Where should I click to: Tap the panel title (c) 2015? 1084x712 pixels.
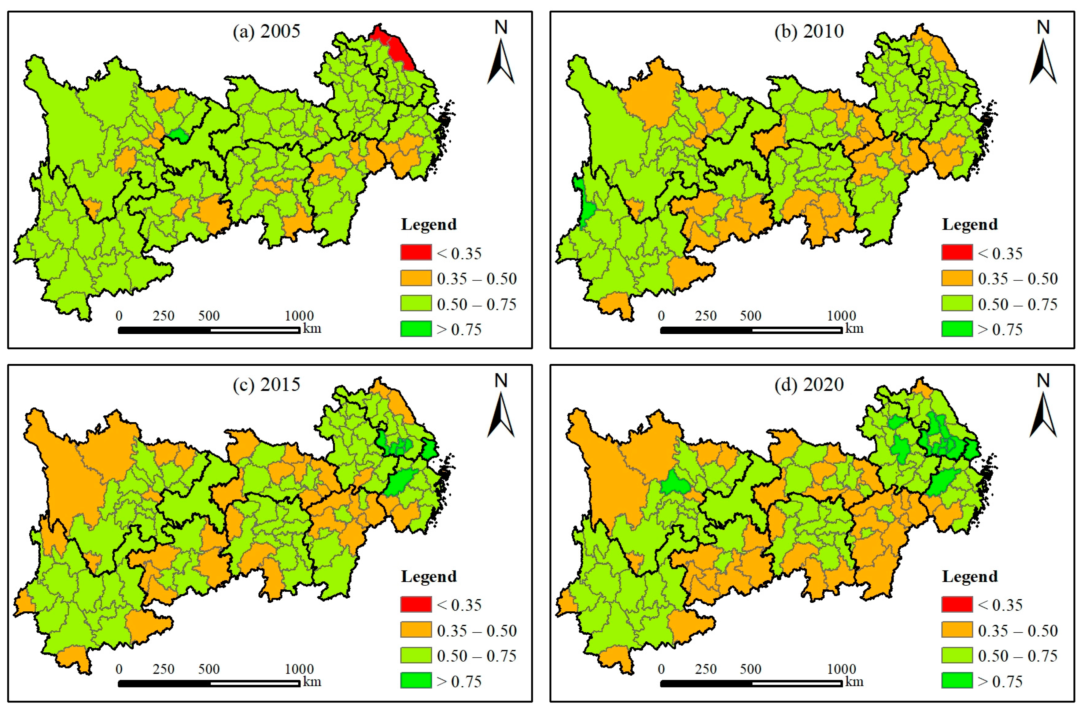click(x=267, y=384)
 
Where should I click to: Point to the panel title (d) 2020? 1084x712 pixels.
click(x=809, y=384)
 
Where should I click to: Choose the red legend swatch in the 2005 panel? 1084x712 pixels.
click(x=416, y=252)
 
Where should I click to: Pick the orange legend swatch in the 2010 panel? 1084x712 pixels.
click(x=957, y=278)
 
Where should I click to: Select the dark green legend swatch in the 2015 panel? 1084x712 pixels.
click(x=416, y=680)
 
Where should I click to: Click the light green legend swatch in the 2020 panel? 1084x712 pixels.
click(x=957, y=655)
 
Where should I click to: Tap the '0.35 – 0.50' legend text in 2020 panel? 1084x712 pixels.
click(x=1017, y=630)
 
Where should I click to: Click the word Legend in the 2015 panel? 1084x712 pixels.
click(x=429, y=576)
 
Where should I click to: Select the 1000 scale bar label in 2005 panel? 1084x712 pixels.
click(x=299, y=316)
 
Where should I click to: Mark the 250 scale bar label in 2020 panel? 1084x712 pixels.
click(x=706, y=669)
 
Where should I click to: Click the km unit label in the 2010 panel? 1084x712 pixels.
click(x=854, y=328)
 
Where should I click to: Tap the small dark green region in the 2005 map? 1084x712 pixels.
click(x=178, y=135)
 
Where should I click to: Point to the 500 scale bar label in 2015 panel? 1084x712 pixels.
click(x=208, y=669)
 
